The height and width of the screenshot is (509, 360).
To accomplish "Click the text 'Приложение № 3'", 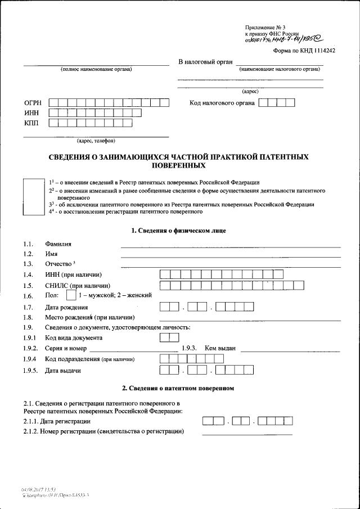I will click(x=265, y=28).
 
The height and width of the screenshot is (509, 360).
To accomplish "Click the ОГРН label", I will click(x=33, y=103).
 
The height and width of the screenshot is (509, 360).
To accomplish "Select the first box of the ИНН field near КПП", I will click(x=53, y=113).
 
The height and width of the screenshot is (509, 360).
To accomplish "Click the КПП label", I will click(x=31, y=123).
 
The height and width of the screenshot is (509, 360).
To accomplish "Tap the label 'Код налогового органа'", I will click(x=222, y=103).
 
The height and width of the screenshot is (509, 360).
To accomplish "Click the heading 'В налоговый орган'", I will click(x=205, y=61).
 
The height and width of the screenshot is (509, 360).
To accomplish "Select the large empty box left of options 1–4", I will click(x=33, y=197).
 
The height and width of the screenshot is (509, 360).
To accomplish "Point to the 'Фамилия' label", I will click(x=58, y=244).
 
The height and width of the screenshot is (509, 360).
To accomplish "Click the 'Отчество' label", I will click(x=59, y=264).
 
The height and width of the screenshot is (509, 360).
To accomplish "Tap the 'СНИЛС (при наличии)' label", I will click(x=78, y=285).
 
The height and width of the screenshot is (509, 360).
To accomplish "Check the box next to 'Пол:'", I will click(x=71, y=295).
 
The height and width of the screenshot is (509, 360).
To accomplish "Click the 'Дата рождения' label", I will click(x=66, y=307).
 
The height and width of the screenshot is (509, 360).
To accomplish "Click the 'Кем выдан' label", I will click(x=220, y=348).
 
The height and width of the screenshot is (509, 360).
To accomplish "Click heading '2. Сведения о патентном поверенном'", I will click(x=178, y=388).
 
